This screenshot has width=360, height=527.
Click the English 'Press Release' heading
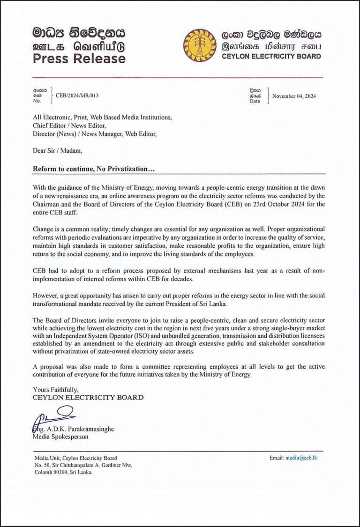point(79,59)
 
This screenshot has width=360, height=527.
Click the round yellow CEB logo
point(199,45)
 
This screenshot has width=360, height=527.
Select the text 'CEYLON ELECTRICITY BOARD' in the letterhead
point(270,56)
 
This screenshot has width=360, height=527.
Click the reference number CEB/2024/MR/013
point(77,96)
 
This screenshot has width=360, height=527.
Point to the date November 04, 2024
point(294,96)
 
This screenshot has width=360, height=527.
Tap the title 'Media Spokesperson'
point(60,437)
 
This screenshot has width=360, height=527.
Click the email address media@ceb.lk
point(301,458)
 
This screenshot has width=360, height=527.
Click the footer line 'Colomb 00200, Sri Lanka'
point(63,472)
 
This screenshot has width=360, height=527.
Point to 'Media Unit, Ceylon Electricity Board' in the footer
point(75,458)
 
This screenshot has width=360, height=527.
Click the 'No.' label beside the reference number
point(37,101)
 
